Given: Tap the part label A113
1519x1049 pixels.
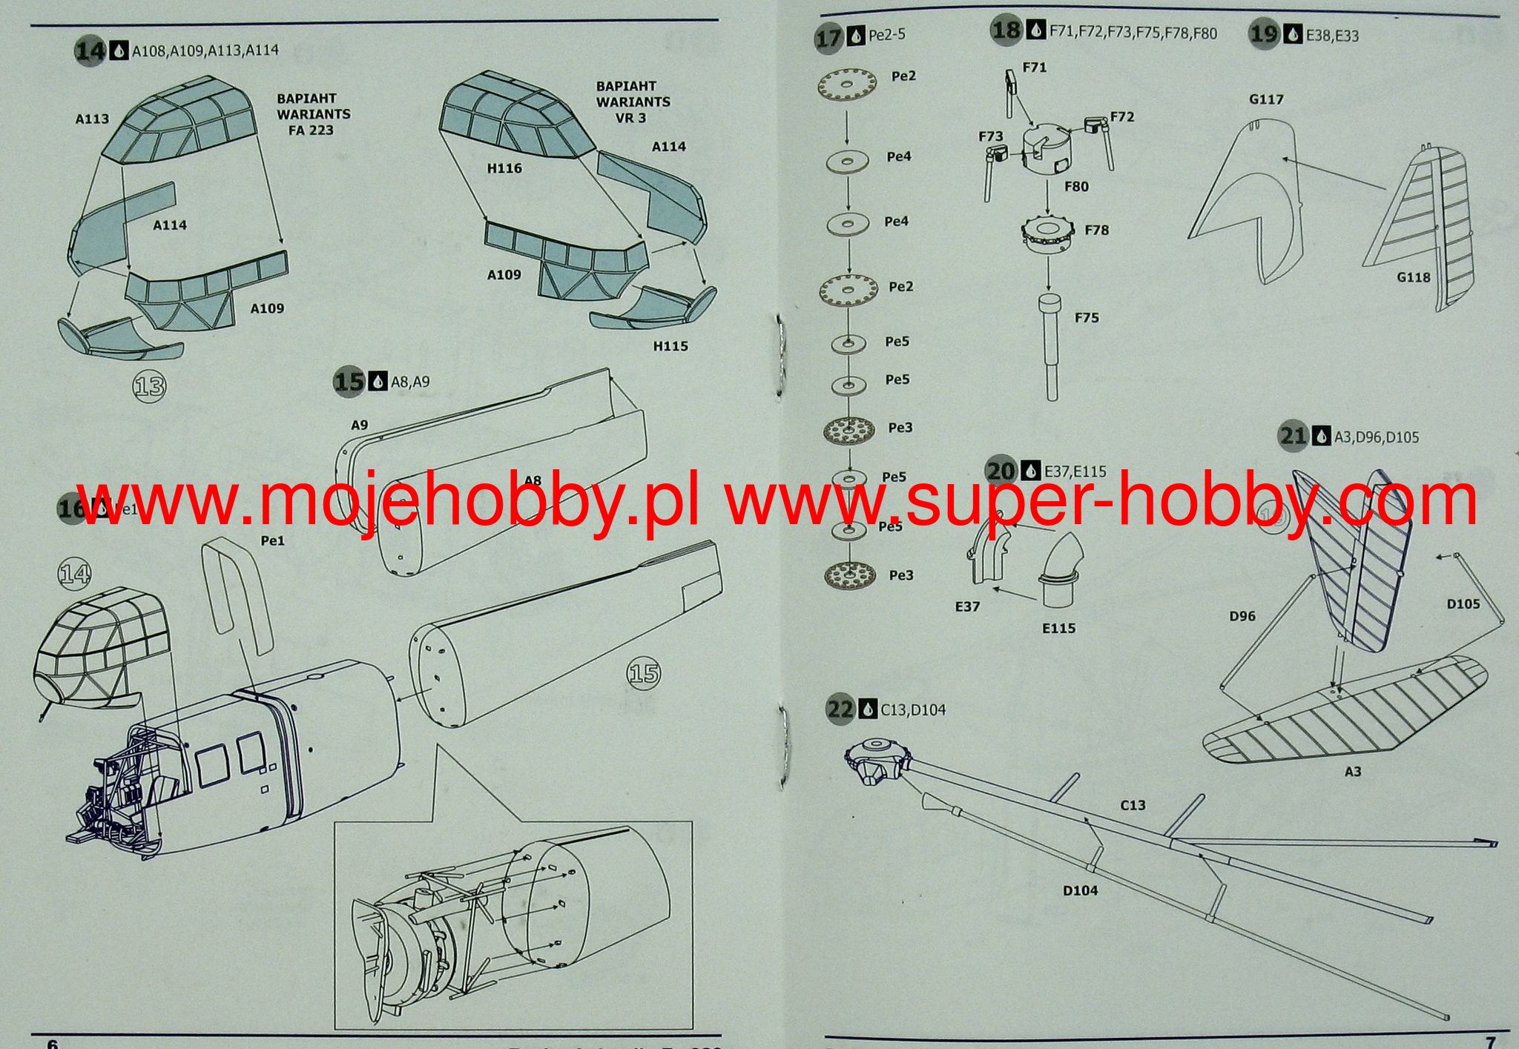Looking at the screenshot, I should pyautogui.click(x=92, y=119).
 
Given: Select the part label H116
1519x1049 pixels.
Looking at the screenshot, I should pyautogui.click(x=504, y=168).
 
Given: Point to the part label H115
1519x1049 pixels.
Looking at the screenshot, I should pyautogui.click(x=670, y=346).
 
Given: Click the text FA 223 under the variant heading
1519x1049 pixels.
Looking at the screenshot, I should pyautogui.click(x=310, y=130).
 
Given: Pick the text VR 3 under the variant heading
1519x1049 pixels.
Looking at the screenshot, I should pyautogui.click(x=630, y=118).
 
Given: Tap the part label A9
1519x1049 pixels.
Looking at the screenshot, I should pyautogui.click(x=359, y=426).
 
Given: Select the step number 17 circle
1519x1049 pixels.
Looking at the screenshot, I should pyautogui.click(x=828, y=37).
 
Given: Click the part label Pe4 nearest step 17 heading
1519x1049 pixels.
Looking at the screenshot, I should pyautogui.click(x=899, y=157).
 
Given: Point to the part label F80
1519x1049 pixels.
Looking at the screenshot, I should pyautogui.click(x=1076, y=187).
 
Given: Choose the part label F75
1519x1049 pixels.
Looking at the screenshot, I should pyautogui.click(x=1087, y=318).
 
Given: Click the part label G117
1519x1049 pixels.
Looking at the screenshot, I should pyautogui.click(x=1266, y=99).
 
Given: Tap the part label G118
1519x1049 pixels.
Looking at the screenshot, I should pyautogui.click(x=1413, y=277).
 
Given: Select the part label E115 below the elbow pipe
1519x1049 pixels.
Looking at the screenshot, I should pyautogui.click(x=1058, y=629).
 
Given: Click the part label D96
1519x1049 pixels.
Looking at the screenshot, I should pyautogui.click(x=1242, y=616).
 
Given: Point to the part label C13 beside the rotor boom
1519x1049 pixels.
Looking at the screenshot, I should pyautogui.click(x=1133, y=805).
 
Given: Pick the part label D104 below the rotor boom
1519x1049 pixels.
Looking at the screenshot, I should pyautogui.click(x=1080, y=890).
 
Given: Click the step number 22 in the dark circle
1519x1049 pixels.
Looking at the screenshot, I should pyautogui.click(x=840, y=709).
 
